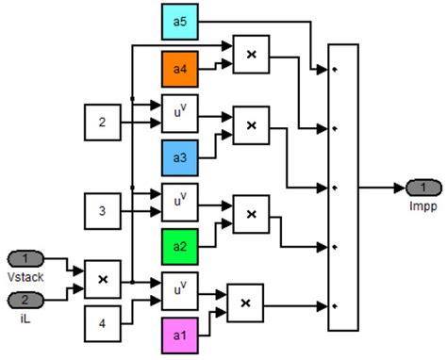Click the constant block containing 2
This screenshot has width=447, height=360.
pos(102,122)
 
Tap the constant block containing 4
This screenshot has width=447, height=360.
pos(102,322)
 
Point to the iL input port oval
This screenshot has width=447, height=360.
pos(25,300)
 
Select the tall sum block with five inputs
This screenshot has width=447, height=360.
pos(343,187)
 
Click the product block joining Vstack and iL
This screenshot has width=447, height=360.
pos(102,279)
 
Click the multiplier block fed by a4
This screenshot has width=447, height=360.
pos(251,55)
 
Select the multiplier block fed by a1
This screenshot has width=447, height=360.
pos(245,302)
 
